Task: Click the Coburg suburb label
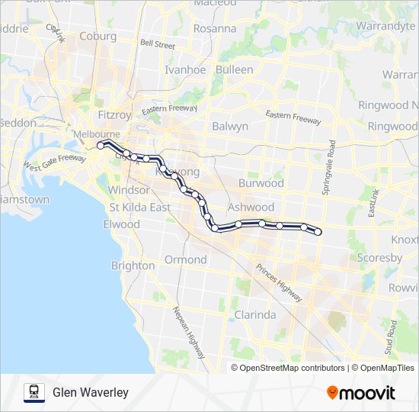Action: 98,36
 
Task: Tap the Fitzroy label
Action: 116,114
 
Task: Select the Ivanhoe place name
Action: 185,69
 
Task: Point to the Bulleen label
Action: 234,69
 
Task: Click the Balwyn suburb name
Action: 230,126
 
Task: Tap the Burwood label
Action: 261,183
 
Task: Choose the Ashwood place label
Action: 251,207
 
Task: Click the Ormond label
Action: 186,259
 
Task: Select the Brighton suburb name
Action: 133,266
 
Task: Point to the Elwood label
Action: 122,224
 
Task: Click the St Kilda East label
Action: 139,208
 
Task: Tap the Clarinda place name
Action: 255,314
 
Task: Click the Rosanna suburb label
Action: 215,28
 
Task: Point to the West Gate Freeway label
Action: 54,161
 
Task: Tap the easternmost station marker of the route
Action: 318,231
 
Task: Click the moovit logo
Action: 361,393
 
